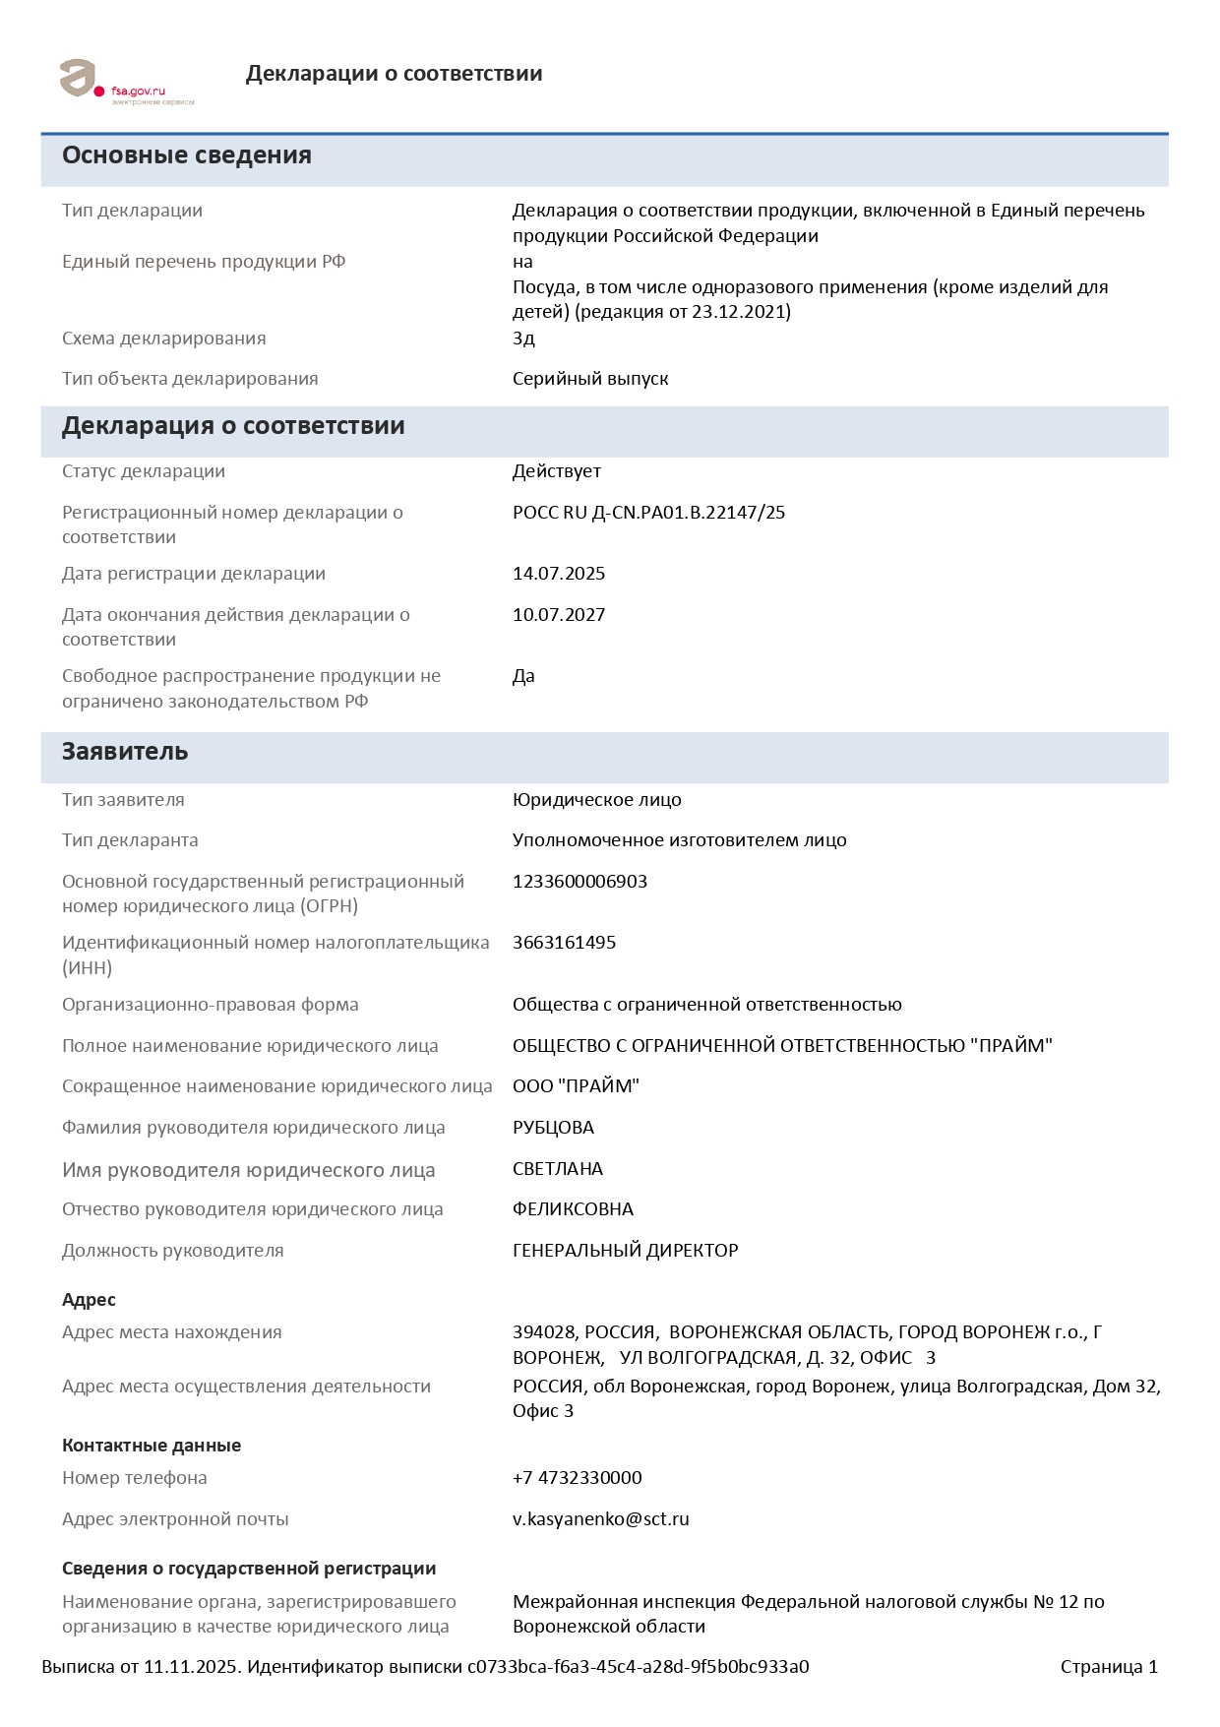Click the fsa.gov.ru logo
[x=126, y=82]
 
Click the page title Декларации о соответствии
[x=394, y=74]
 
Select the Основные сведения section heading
[x=187, y=155]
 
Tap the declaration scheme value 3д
[x=523, y=339]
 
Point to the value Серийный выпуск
[x=590, y=379]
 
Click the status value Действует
[x=556, y=471]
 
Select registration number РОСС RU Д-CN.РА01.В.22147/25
[x=648, y=513]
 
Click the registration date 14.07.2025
[x=559, y=574]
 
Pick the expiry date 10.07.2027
[x=559, y=615]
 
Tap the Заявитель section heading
[x=125, y=752]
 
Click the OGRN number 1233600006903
[x=579, y=882]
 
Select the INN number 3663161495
[x=564, y=943]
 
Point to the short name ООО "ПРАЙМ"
[x=576, y=1086]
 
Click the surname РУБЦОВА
[x=553, y=1128]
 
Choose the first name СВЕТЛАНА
[x=558, y=1169]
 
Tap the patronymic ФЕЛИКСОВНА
[x=573, y=1209]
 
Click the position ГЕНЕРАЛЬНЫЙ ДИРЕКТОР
[x=625, y=1251]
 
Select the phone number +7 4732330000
[x=577, y=1478]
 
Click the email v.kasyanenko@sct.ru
[x=600, y=1519]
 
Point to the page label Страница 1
[x=1109, y=1667]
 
